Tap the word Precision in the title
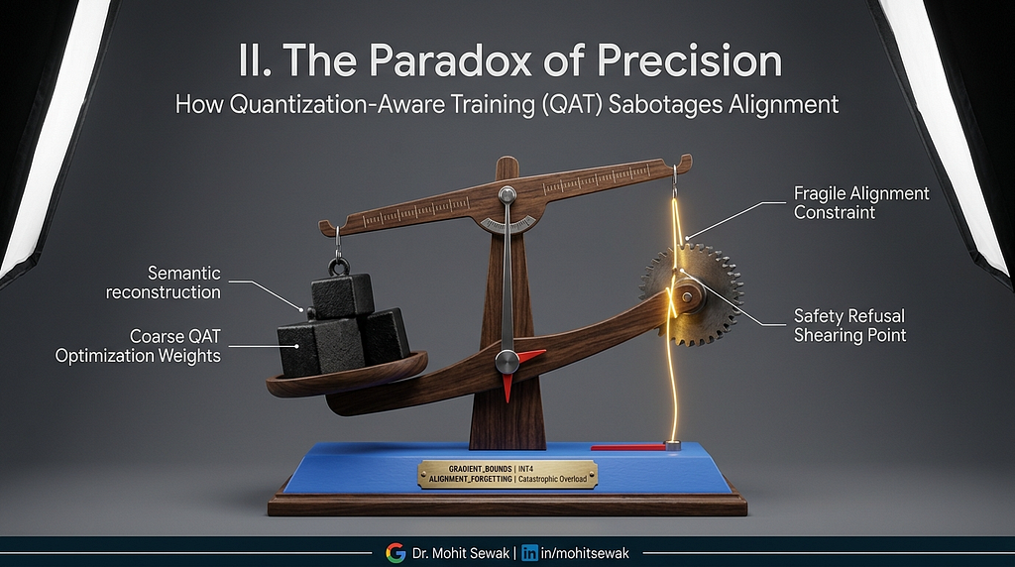690,60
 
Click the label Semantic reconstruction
164,283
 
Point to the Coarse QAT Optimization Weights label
138,346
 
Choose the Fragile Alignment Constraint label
861,202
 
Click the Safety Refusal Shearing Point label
849,325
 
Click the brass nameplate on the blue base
507,474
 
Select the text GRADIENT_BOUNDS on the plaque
480,468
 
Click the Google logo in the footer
395,553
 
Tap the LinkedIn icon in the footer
529,553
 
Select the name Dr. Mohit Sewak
460,553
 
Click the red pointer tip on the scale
507,387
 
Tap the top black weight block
342,295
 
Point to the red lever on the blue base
628,447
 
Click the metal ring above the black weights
338,266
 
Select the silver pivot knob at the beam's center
507,194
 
